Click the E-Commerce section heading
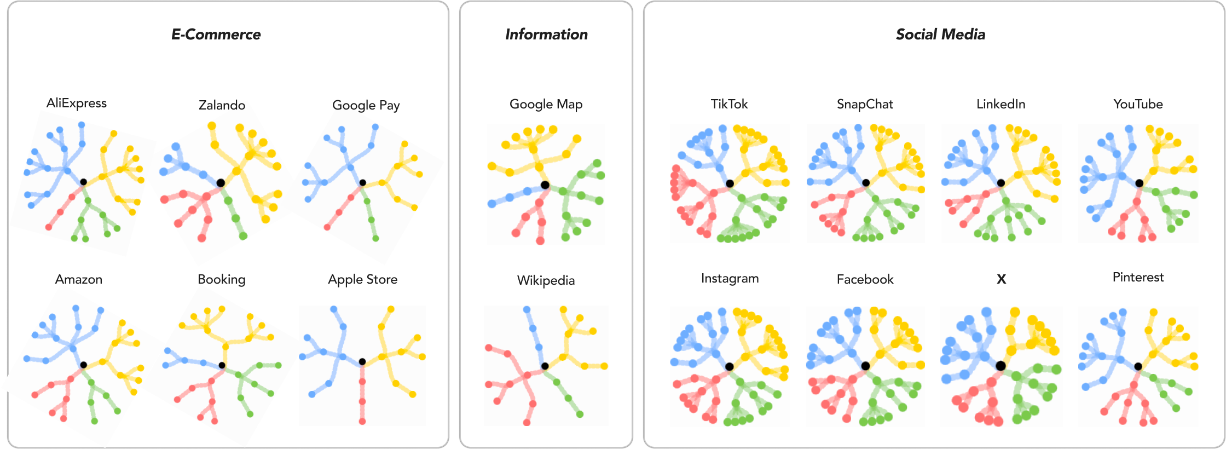pyautogui.click(x=216, y=34)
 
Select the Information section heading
pyautogui.click(x=546, y=34)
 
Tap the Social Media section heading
pyautogui.click(x=940, y=34)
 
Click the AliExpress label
pyautogui.click(x=77, y=103)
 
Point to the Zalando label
pyautogui.click(x=222, y=105)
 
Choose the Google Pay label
pyautogui.click(x=366, y=105)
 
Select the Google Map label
pyautogui.click(x=546, y=104)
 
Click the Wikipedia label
pyautogui.click(x=546, y=280)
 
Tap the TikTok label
pyautogui.click(x=729, y=104)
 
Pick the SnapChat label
pyautogui.click(x=865, y=104)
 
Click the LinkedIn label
pyautogui.click(x=1001, y=104)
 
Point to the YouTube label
pyautogui.click(x=1138, y=104)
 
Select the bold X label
pyautogui.click(x=1001, y=279)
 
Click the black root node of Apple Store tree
pyautogui.click(x=362, y=361)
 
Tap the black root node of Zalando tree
pyautogui.click(x=220, y=183)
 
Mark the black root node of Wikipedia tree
pyautogui.click(x=545, y=366)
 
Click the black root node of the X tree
pyautogui.click(x=1001, y=366)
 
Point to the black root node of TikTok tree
pyautogui.click(x=730, y=183)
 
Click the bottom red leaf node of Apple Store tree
pyautogui.click(x=362, y=421)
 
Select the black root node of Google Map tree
pyautogui.click(x=545, y=185)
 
